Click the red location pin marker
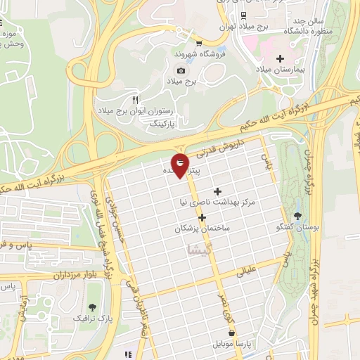tap(181, 165)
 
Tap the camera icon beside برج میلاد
tap(181, 70)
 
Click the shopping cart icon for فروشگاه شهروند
tap(199, 42)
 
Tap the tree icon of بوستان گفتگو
tap(298, 216)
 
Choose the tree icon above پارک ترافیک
tap(92, 307)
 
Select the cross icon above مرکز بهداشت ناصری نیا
tap(217, 191)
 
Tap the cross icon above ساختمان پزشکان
tap(202, 217)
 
